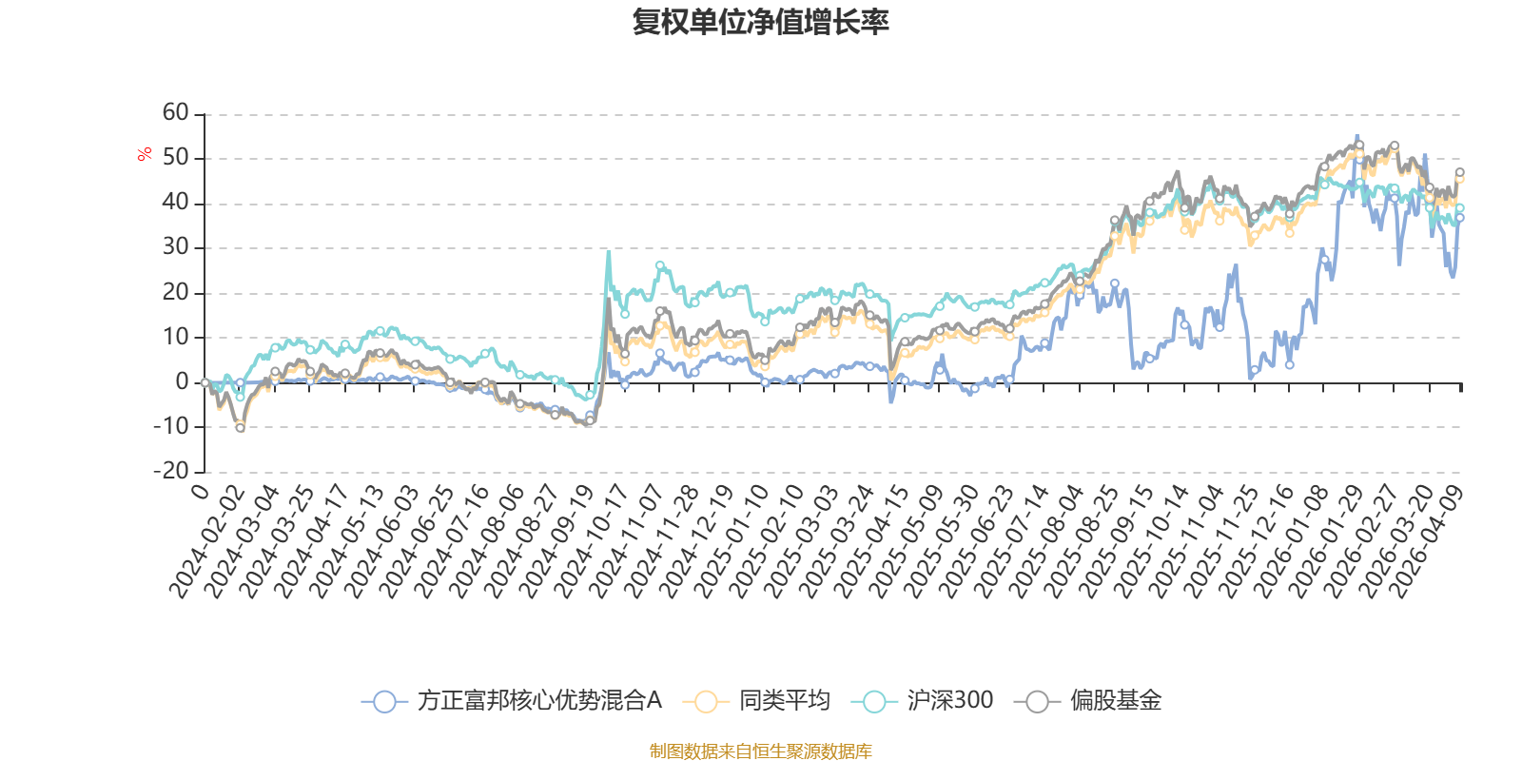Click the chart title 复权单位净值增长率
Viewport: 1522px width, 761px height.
(x=760, y=22)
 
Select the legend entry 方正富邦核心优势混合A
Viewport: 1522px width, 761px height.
(x=512, y=700)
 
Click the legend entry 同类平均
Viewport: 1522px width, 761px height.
(x=756, y=700)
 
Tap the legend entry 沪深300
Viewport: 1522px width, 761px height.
(x=922, y=700)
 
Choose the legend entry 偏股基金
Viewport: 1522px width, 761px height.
(x=1088, y=700)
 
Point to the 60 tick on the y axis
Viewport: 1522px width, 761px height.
(x=175, y=112)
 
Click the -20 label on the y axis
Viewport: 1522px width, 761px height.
(x=170, y=470)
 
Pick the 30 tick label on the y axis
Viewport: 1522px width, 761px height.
(x=175, y=246)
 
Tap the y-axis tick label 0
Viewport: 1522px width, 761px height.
(x=182, y=381)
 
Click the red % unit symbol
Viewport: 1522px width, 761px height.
(x=144, y=154)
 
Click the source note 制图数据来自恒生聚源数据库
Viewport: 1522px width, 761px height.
(x=760, y=751)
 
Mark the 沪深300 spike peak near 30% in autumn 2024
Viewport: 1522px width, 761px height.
(x=608, y=252)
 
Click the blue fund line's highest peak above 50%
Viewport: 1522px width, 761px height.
(x=1356, y=136)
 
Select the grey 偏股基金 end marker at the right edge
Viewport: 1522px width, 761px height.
(x=1459, y=172)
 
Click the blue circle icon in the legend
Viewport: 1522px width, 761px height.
(x=384, y=701)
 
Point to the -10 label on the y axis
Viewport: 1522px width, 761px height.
(x=170, y=426)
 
